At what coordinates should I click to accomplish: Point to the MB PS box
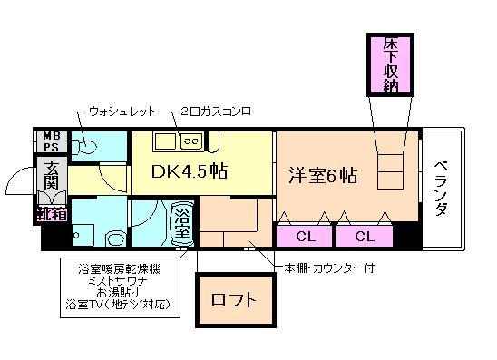(x=49, y=142)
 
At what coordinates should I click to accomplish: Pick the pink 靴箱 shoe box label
(x=50, y=214)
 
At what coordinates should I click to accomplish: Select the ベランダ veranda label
(x=442, y=188)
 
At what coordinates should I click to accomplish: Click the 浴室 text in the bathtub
(x=182, y=224)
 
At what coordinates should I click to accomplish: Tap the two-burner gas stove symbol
(x=192, y=140)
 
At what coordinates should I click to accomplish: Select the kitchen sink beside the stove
(x=164, y=140)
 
